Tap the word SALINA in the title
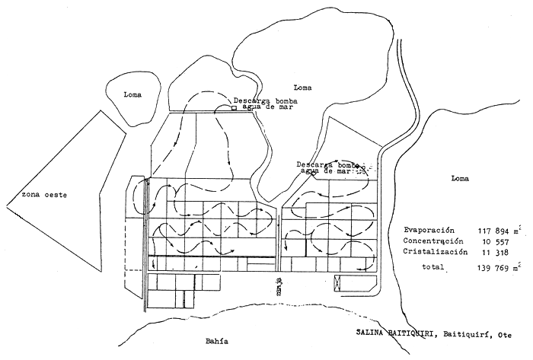click(x=372, y=333)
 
